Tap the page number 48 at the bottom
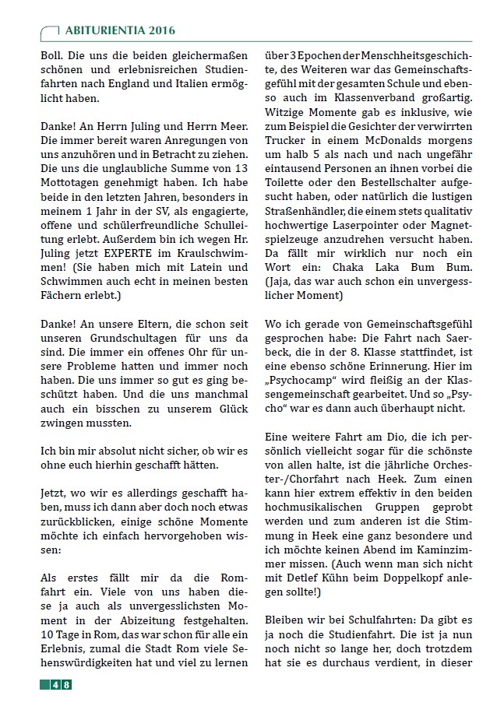62,685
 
